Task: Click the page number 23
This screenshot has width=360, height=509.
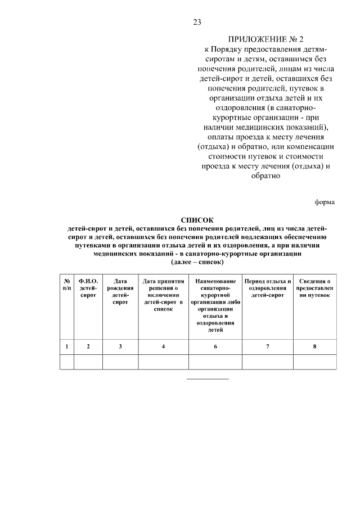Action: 197,22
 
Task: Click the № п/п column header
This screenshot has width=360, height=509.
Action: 67,285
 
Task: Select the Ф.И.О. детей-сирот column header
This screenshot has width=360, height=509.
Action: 88,288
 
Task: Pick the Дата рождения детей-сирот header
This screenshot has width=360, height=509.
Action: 120,291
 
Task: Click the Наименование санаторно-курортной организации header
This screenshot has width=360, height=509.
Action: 215,305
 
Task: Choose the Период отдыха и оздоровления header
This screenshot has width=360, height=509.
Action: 267,288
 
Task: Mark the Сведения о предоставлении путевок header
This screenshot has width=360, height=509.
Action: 314,288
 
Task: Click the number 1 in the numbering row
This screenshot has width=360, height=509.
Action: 67,346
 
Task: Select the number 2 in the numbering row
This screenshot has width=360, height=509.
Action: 88,346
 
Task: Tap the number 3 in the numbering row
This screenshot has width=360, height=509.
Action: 120,346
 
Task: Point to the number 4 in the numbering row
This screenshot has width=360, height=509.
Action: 163,346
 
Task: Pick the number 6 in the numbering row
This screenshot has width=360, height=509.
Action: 215,346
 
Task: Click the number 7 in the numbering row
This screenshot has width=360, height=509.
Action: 267,346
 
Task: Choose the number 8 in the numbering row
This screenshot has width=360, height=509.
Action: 314,346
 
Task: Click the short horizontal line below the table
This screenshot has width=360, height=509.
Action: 208,379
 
